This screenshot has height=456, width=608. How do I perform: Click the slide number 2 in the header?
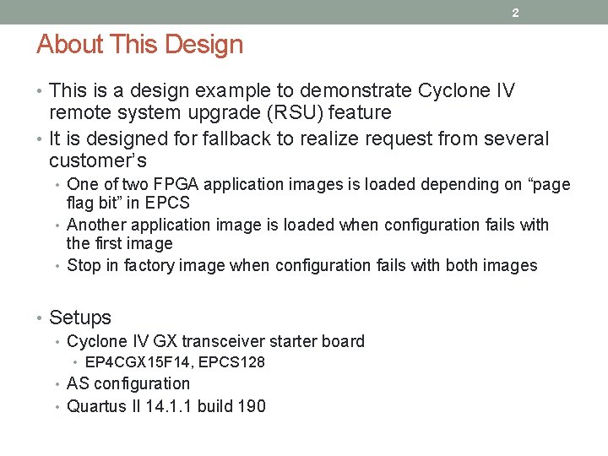pyautogui.click(x=515, y=13)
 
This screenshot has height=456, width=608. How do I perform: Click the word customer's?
pyautogui.click(x=98, y=160)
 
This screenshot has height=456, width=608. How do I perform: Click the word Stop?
pyautogui.click(x=84, y=265)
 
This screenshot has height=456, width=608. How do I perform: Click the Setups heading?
pyautogui.click(x=80, y=318)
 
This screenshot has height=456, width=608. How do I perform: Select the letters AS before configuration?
pyautogui.click(x=78, y=383)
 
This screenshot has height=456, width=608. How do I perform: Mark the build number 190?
pyautogui.click(x=252, y=406)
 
